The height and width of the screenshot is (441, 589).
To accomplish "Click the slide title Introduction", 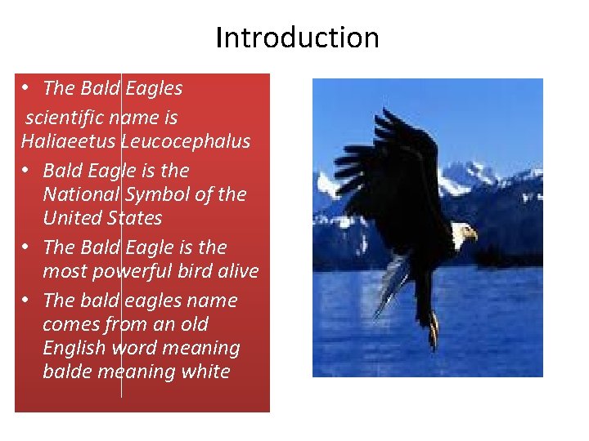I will [297, 38].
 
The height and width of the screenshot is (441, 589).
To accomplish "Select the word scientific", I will [64, 118].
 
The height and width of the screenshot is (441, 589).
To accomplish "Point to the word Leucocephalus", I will [186, 141].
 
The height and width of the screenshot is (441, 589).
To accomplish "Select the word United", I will [73, 218].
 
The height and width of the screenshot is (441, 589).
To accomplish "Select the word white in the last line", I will [206, 372].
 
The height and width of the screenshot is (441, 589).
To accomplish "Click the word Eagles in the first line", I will [154, 88].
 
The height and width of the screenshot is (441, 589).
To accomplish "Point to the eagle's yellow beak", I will [472, 236].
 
